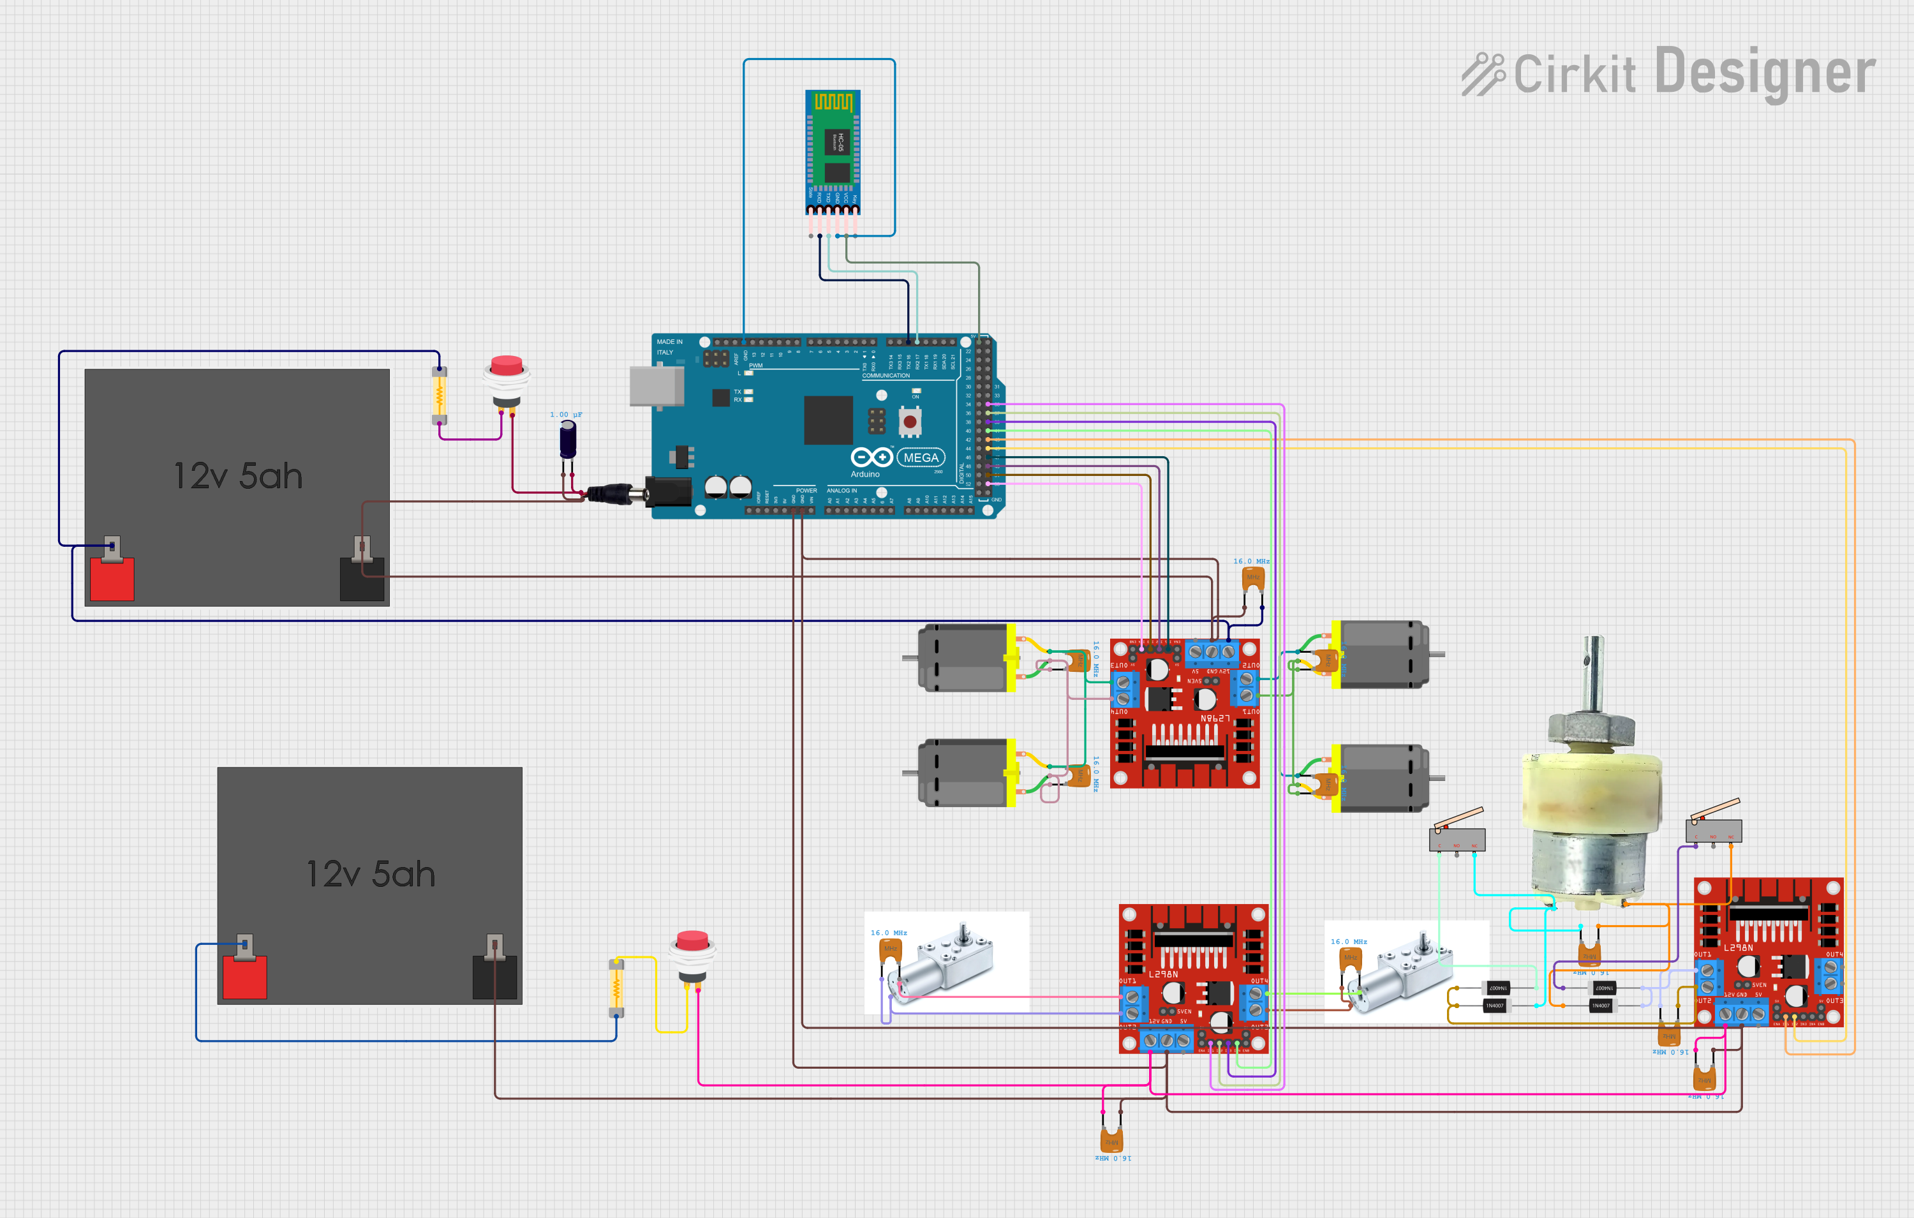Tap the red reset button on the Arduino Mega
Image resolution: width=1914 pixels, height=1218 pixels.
click(x=909, y=420)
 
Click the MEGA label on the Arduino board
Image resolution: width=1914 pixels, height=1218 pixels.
click(x=921, y=458)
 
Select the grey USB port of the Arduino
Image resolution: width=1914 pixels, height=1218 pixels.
click(x=657, y=387)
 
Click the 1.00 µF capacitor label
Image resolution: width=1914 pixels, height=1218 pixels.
click(x=566, y=415)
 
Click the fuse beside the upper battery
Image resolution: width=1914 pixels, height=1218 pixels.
click(x=439, y=395)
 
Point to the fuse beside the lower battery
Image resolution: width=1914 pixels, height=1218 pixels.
click(x=616, y=988)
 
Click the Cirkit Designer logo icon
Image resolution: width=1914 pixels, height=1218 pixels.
click(x=1483, y=74)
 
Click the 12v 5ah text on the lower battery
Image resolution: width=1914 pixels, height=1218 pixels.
click(x=371, y=875)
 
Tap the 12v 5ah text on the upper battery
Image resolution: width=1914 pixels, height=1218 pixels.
click(x=238, y=476)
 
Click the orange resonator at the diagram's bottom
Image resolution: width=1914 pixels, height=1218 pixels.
click(x=1111, y=1140)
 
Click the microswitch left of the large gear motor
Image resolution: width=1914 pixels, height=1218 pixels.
click(x=1457, y=837)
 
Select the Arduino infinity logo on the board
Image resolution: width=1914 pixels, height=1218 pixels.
click(x=871, y=457)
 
